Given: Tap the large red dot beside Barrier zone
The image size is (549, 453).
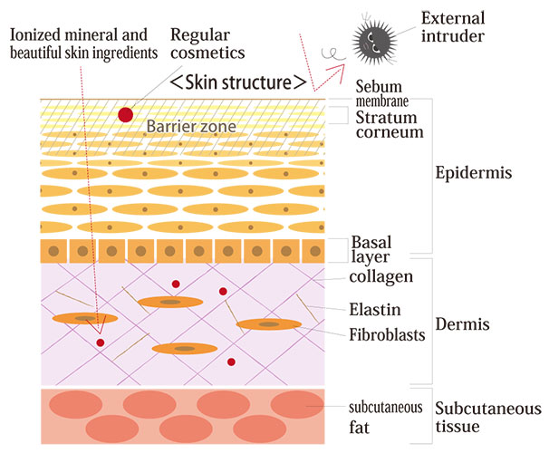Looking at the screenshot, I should pos(126,114).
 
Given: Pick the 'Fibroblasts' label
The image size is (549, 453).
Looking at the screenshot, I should pos(387,334).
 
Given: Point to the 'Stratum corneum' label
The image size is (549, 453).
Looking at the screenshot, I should pos(390,124).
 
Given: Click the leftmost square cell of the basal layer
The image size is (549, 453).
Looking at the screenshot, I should pos(56,250).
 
